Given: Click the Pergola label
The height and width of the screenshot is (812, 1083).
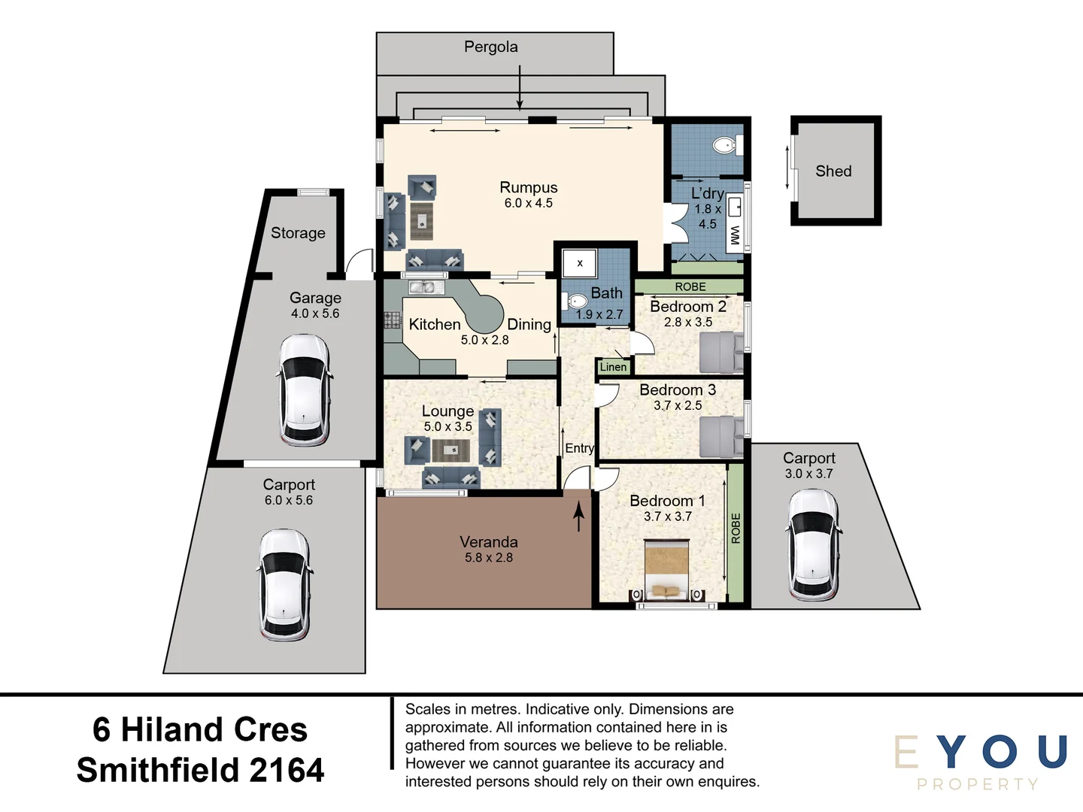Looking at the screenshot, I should [490, 47].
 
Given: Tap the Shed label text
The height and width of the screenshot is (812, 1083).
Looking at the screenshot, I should [833, 171].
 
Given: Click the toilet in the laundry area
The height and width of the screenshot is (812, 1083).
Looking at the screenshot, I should [726, 145].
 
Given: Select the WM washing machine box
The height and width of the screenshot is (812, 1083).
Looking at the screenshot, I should [735, 235].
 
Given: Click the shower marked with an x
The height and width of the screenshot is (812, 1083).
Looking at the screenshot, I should [580, 263].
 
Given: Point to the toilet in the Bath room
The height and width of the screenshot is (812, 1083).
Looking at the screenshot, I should [575, 301].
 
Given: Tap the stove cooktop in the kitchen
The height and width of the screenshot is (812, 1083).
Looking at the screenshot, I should [393, 320].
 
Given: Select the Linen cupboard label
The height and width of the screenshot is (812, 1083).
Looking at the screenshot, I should [613, 367].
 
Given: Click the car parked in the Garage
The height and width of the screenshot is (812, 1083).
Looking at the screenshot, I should [305, 389].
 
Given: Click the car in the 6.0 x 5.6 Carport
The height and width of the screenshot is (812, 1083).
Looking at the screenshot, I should [284, 584].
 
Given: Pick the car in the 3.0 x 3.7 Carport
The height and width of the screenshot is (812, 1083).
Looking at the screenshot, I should [813, 545].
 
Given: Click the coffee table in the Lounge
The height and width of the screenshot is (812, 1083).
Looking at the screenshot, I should [450, 450].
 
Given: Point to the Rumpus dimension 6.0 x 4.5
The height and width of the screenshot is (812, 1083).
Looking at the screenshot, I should [528, 203].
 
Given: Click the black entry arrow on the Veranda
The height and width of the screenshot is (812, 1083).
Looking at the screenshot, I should [578, 517].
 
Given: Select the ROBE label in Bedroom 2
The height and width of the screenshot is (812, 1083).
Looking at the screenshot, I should [690, 286].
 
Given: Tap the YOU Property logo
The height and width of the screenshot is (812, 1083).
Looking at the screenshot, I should [981, 761].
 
